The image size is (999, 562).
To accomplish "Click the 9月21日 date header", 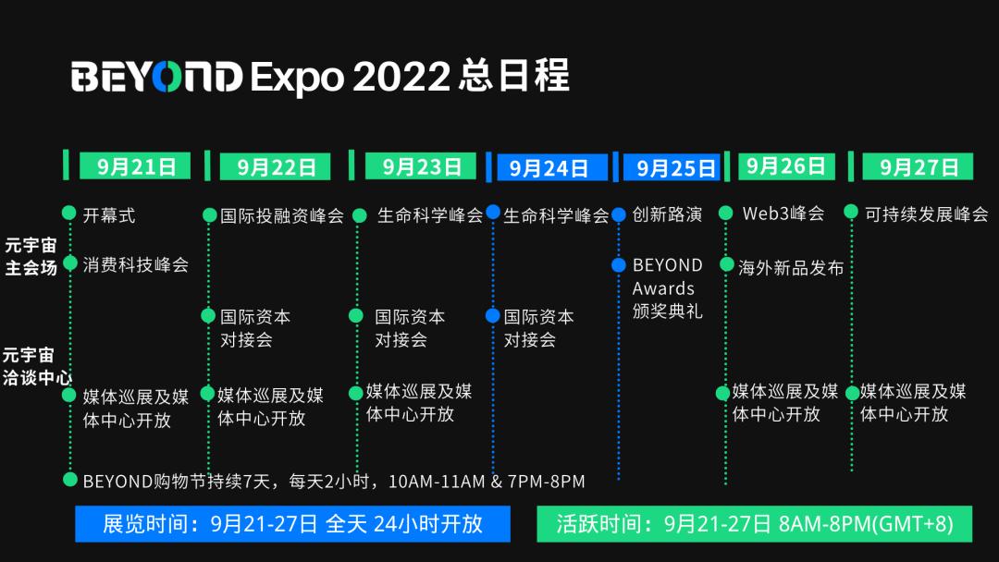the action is (135, 166).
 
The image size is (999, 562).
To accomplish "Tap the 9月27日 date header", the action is (918, 166).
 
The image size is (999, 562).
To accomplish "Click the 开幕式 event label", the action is (109, 215).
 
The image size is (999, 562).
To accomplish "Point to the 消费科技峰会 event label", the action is (136, 264).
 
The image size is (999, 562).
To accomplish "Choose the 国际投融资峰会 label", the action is (282, 215).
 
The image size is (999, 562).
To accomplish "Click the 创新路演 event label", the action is (667, 214).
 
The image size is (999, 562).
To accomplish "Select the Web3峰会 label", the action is (783, 214).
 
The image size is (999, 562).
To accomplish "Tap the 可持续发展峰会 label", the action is (926, 214).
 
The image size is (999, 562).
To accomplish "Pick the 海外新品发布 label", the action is (791, 268).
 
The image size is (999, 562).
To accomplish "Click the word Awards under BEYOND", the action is (663, 288).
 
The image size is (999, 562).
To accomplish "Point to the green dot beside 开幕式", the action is (69, 214).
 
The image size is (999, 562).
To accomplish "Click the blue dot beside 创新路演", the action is (619, 215).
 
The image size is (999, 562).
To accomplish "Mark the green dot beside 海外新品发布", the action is (727, 264).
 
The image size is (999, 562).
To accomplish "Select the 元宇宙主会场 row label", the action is (31, 256).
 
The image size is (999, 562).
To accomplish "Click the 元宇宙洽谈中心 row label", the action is (37, 366).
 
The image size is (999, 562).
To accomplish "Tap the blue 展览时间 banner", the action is (292, 524).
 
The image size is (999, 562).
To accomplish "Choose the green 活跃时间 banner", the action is (755, 524).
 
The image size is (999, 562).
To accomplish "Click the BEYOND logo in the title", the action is (156, 77).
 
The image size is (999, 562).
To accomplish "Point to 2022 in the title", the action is (401, 77).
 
